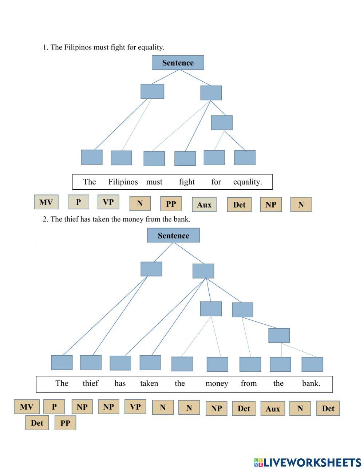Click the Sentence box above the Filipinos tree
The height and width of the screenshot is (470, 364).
click(178, 63)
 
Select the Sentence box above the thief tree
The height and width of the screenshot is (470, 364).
click(173, 235)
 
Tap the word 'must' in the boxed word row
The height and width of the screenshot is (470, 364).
click(154, 182)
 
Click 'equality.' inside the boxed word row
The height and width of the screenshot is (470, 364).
click(248, 182)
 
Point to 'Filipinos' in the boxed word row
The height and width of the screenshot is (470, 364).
click(123, 182)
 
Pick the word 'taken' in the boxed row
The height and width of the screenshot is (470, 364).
click(149, 383)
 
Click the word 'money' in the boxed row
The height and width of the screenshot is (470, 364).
click(217, 384)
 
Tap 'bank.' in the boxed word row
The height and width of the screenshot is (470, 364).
click(311, 383)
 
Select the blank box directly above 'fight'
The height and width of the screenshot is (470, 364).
click(185, 158)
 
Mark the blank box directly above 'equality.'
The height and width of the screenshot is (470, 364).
click(245, 158)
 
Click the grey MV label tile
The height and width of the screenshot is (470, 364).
click(46, 202)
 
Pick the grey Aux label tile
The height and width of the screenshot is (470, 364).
click(204, 204)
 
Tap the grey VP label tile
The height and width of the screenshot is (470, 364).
click(108, 202)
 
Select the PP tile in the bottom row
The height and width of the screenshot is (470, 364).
click(65, 423)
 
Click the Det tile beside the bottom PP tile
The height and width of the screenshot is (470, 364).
click(37, 423)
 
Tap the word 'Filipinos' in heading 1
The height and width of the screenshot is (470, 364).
click(78, 47)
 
